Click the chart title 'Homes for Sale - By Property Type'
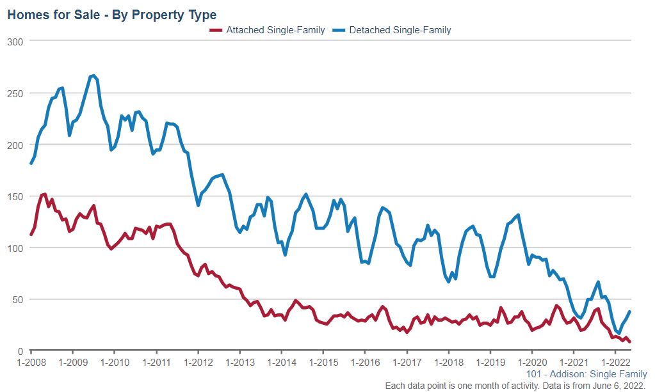(111, 14)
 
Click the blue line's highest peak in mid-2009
(93, 75)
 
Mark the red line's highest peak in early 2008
(44, 194)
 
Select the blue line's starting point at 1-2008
(31, 163)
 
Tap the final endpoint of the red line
(630, 341)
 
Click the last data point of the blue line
(630, 311)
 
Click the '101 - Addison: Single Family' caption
(586, 374)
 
